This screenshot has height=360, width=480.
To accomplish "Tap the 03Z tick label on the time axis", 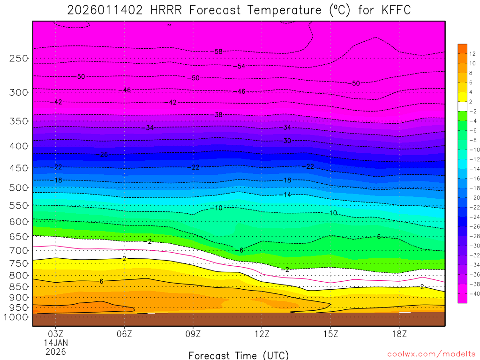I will pyautogui.click(x=55, y=334).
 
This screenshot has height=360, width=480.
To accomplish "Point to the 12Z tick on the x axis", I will pyautogui.click(x=262, y=334).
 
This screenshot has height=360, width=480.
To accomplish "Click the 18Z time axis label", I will pyautogui.click(x=399, y=334).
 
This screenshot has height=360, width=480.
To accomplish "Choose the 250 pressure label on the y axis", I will pyautogui.click(x=19, y=59).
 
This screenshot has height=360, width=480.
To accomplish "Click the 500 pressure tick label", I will pyautogui.click(x=19, y=188).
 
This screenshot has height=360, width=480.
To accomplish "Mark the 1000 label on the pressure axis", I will pyautogui.click(x=17, y=317).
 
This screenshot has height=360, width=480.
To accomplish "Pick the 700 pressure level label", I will pyautogui.click(x=19, y=250).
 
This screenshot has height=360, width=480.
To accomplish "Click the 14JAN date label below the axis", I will pyautogui.click(x=55, y=343).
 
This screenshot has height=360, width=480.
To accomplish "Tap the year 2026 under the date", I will pyautogui.click(x=55, y=352).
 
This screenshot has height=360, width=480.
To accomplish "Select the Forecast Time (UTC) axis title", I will pyautogui.click(x=239, y=355).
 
